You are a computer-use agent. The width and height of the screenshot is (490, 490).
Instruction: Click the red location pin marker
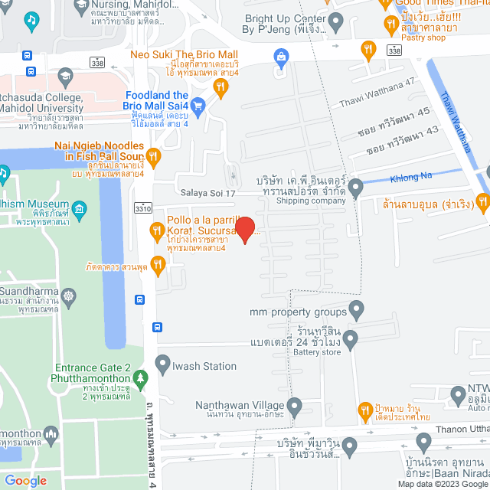244,228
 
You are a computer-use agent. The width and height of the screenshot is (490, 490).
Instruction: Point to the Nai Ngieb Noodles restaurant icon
153,157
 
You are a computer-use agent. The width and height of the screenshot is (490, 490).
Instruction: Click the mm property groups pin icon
355,309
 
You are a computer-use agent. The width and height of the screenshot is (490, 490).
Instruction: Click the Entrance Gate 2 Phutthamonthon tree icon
139,377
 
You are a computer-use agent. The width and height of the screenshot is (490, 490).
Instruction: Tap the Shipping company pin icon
355,186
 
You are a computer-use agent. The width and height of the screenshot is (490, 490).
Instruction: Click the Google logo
25,481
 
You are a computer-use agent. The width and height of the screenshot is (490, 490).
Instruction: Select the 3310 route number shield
142,207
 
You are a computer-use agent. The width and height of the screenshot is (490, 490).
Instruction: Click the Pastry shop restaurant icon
369,49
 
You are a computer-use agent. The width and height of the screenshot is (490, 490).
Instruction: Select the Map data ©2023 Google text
442,483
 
